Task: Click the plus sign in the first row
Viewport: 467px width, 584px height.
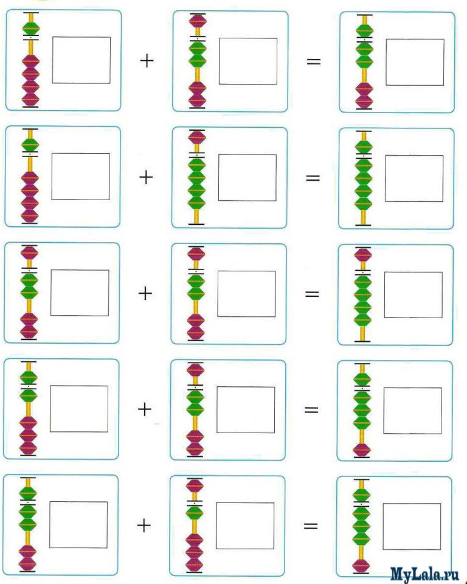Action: coord(147,61)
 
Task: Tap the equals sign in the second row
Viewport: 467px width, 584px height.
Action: coord(313,178)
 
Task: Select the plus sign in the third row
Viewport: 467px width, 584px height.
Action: coord(145,294)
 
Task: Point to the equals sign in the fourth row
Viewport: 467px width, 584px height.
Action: coord(311,409)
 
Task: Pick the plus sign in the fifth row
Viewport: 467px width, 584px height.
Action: coord(144,525)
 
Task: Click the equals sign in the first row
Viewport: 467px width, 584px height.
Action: coord(313,62)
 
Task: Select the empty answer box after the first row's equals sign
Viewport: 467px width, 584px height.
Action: coord(415,62)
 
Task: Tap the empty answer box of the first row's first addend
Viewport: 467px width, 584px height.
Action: coord(81,60)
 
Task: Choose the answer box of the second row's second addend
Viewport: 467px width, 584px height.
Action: coord(247,178)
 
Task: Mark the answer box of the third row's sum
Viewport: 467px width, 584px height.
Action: coord(413,294)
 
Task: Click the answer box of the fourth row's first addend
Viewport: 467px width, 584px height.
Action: coord(79,409)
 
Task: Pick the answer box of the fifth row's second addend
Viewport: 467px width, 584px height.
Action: coord(245,526)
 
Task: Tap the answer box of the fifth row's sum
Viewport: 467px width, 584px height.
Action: coord(412,526)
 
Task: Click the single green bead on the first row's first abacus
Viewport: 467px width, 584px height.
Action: coord(31,27)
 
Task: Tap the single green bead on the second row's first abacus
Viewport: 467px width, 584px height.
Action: coord(30,144)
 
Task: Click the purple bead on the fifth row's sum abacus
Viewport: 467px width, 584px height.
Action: coord(361,566)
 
